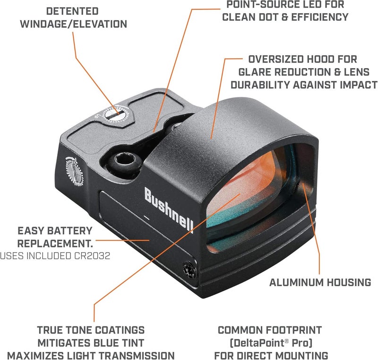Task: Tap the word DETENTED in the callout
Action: (x=73, y=11)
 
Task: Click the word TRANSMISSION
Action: (x=139, y=355)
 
